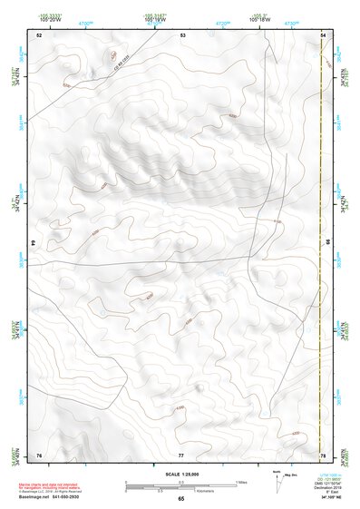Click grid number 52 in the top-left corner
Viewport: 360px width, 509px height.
tap(39, 34)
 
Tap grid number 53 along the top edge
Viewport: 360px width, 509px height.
tap(182, 34)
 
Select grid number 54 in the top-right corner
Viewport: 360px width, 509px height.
tap(323, 34)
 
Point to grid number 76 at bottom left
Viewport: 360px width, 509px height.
tap(39, 454)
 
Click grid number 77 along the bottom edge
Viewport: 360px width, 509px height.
tap(181, 454)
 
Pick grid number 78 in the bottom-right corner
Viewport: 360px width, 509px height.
tap(323, 454)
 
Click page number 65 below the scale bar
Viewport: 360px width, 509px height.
tap(180, 499)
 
